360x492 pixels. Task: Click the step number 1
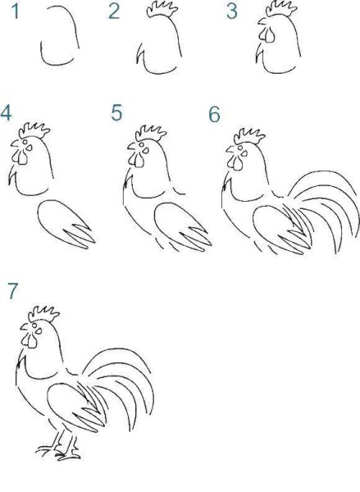[15, 11]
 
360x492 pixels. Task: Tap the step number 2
[114, 11]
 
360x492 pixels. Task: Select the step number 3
[231, 11]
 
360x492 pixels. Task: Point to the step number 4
[6, 113]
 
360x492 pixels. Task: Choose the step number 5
[116, 113]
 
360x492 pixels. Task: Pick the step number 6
[214, 114]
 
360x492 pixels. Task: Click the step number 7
[13, 291]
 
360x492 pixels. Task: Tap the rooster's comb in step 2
[162, 9]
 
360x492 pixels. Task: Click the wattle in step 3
[268, 35]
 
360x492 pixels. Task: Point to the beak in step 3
[262, 22]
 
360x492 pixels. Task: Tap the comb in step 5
[151, 134]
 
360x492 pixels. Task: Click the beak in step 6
[231, 149]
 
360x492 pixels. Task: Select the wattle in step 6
[235, 162]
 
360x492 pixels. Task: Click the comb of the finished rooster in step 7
[43, 313]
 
